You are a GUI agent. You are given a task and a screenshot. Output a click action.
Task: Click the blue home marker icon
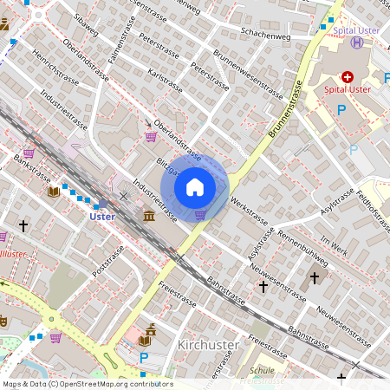click(195, 187)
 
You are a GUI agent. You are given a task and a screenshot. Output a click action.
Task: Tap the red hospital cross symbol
click(348, 76)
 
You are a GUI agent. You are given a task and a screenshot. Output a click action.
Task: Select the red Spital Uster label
click(348, 89)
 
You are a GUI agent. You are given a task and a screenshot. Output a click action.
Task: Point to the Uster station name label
click(102, 217)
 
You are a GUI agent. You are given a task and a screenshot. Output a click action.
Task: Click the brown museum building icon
click(149, 214)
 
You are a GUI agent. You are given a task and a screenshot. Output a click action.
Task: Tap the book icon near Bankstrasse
click(54, 191)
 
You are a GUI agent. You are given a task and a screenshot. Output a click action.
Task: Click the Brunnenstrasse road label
click(285, 110)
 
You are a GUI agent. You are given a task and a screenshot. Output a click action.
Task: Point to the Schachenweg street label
click(266, 36)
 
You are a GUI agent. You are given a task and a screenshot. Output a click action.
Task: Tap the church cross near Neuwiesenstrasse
click(314, 278)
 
